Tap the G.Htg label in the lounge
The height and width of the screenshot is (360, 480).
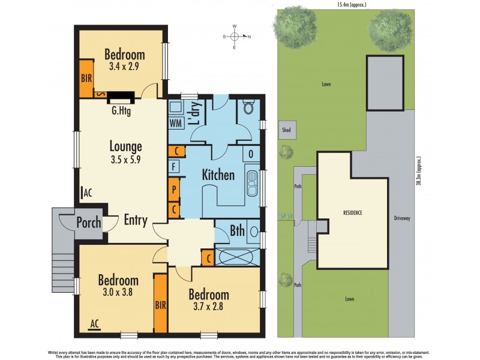122,111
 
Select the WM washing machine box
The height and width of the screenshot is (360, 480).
176,123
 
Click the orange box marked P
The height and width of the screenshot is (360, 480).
174,189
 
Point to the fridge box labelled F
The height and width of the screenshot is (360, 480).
174,166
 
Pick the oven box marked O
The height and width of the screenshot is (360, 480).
251,154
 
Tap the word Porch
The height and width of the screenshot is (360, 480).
89,223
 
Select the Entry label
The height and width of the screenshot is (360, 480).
135,220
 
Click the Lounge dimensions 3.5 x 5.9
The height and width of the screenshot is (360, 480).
125,160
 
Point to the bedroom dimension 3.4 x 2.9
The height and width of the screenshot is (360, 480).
124,67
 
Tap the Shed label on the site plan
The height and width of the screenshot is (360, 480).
287,129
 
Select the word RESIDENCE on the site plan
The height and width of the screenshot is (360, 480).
352,213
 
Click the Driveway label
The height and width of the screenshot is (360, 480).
401,218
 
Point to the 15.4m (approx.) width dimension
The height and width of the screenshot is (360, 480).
352,5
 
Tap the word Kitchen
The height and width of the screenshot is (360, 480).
218,175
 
